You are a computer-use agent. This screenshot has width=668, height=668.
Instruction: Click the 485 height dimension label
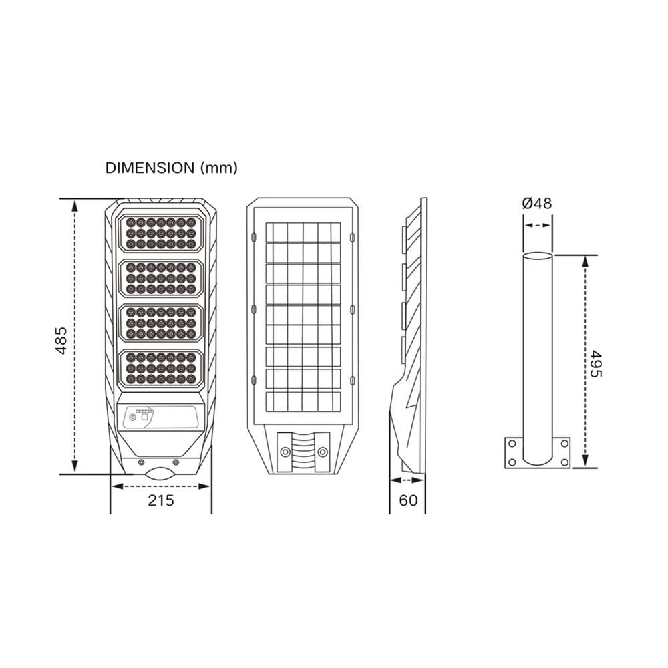pos(61,341)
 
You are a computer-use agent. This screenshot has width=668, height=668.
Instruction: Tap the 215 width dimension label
pos(161,500)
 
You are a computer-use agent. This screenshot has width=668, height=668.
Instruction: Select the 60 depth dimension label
pos(409,500)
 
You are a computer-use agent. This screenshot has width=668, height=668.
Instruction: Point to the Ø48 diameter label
pos(537,203)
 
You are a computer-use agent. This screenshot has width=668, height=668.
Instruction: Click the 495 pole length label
pos(596,364)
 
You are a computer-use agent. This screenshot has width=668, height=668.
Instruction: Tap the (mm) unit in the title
pos(219,168)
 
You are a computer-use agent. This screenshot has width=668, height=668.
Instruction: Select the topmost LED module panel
pos(161,233)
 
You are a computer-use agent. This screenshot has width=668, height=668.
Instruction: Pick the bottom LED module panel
pos(161,368)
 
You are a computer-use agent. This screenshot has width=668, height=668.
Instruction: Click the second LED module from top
pos(161,278)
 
